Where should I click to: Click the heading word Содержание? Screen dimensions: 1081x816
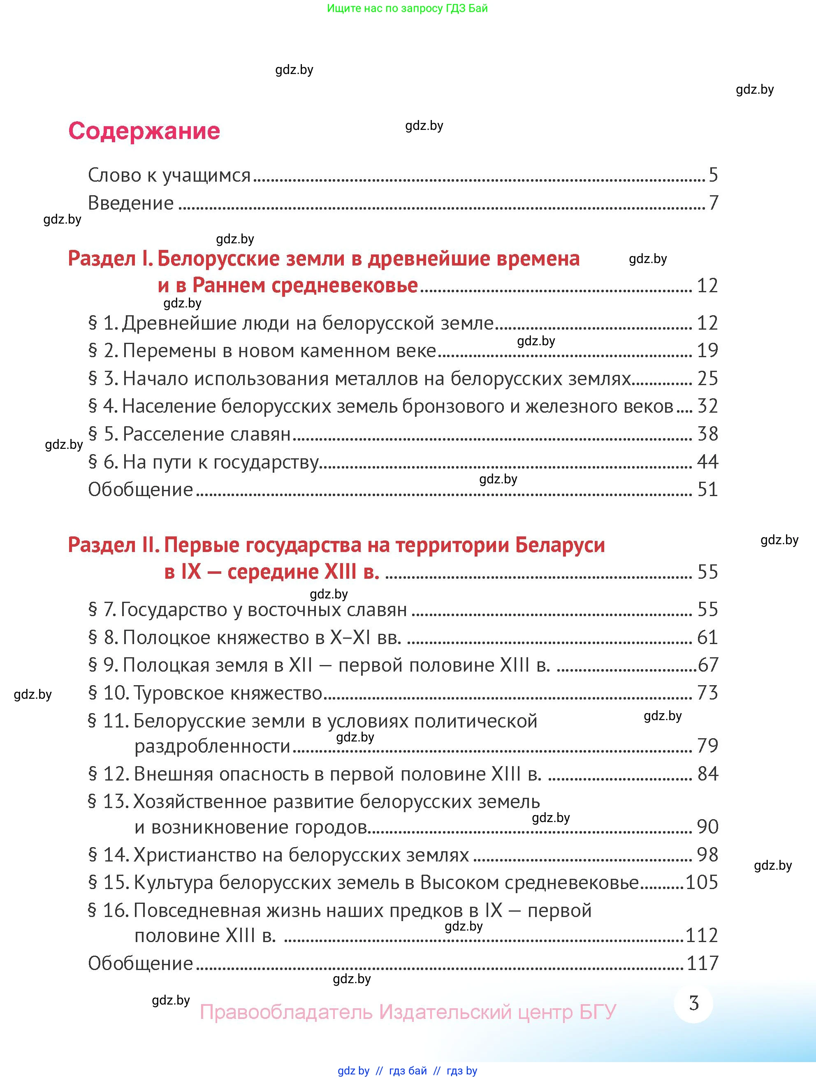coord(144,131)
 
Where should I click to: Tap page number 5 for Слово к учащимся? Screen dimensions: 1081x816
coord(713,175)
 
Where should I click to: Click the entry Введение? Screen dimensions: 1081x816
coord(130,203)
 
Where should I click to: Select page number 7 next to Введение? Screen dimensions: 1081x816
coord(714,203)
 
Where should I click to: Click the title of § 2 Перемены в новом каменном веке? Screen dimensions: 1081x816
coord(279,350)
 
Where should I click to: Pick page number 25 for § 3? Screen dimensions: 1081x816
coord(707,378)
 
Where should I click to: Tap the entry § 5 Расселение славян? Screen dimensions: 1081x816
coord(189,434)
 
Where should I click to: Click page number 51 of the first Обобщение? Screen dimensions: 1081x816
coord(707,490)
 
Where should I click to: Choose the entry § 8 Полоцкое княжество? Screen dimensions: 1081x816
coord(244,637)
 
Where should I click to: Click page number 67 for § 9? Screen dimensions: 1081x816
coord(708,665)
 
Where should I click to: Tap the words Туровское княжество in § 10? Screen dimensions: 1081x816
coord(228,693)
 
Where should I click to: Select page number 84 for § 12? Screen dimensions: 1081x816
coord(707,774)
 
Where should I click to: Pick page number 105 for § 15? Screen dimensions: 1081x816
coord(702,882)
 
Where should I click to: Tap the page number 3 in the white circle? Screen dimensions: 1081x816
coord(693,1003)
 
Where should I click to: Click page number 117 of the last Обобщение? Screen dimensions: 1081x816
coord(702,963)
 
